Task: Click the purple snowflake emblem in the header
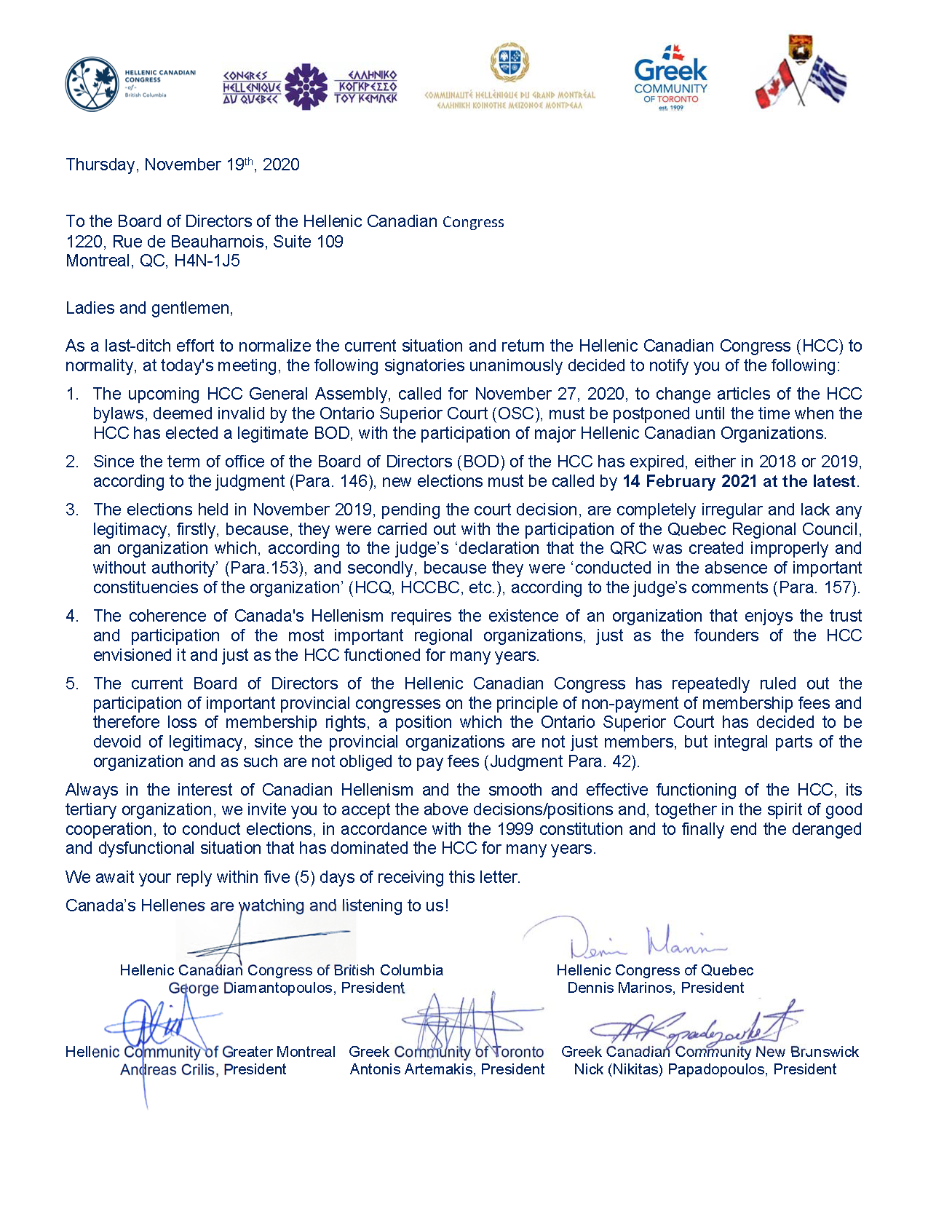(306, 87)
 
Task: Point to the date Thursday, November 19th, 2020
(183, 164)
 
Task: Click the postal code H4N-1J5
(207, 261)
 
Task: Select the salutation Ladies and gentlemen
(149, 308)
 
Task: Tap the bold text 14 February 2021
(689, 481)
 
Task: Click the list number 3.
(71, 510)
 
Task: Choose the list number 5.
(71, 683)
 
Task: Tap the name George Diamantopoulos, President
(286, 988)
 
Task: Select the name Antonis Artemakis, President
(447, 1069)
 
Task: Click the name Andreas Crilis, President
(203, 1069)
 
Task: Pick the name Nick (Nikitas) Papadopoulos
(670, 1069)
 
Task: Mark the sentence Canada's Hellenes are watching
(257, 905)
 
